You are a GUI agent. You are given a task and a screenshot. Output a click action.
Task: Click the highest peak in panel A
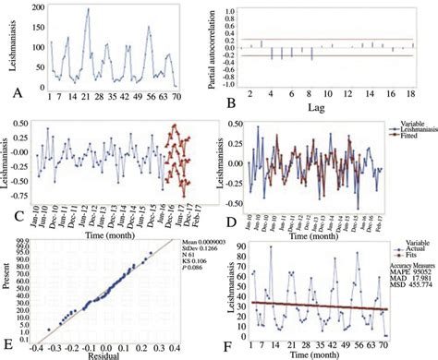[88, 10]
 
